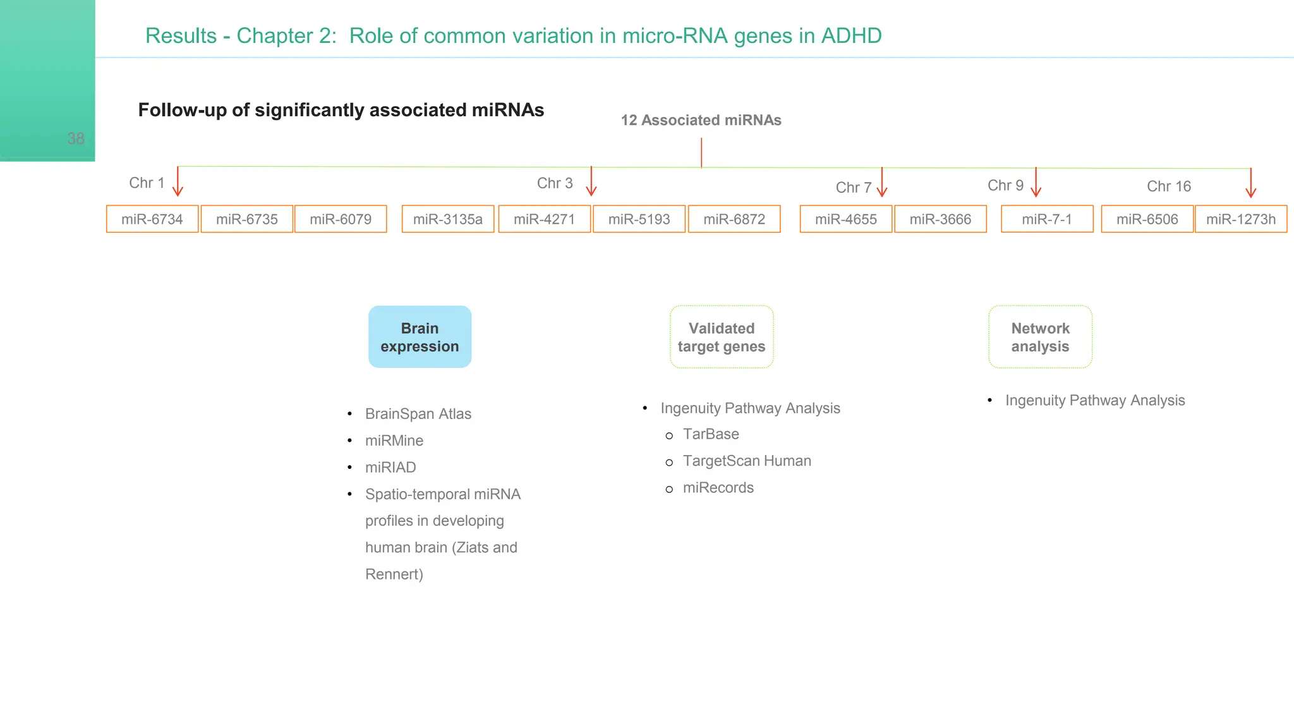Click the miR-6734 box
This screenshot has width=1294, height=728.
tap(152, 219)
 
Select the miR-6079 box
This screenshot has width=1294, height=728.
tap(341, 219)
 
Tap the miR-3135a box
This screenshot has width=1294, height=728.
tap(448, 219)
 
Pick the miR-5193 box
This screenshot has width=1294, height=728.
tap(639, 219)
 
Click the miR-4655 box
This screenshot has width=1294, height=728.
tap(845, 219)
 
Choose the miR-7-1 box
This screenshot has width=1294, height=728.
tap(1047, 219)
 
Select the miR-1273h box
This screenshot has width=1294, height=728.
tap(1240, 219)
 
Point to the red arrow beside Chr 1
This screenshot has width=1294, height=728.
tap(178, 182)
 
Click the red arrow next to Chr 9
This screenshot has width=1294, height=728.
tap(1036, 183)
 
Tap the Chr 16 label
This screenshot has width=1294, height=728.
tap(1168, 186)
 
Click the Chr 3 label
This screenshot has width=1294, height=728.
tap(555, 183)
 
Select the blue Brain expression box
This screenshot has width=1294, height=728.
tap(420, 337)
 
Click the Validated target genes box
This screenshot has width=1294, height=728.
tap(722, 337)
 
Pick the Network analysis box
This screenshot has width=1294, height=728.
tap(1040, 337)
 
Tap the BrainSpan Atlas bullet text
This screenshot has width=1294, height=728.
tap(418, 414)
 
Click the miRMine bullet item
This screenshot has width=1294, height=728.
tap(394, 440)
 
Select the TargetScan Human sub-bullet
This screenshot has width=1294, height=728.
tap(747, 461)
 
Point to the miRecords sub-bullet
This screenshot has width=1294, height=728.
tap(718, 488)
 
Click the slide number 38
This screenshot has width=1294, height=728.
tap(76, 138)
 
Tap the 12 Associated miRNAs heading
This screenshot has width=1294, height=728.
tap(701, 120)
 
